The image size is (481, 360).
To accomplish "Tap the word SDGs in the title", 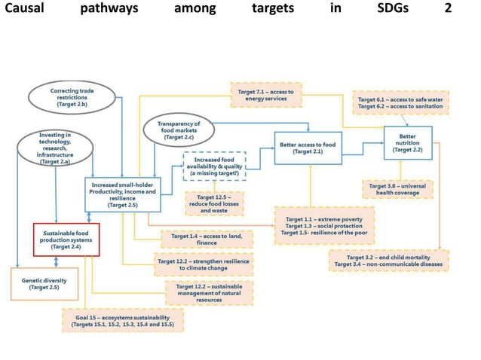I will (392, 10).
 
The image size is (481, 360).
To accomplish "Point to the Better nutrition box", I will (408, 141).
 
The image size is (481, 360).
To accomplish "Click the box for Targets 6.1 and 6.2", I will (402, 103).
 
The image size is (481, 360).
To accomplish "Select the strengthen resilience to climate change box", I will (204, 264).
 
